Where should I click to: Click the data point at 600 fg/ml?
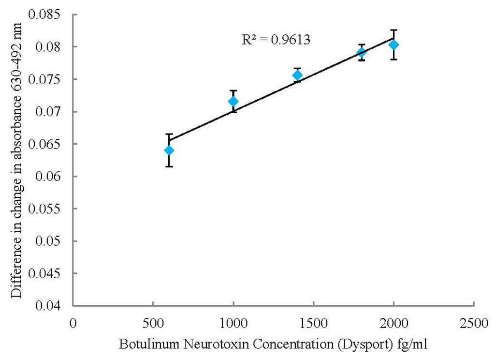pos(169,150)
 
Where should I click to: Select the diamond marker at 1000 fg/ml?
pos(233,101)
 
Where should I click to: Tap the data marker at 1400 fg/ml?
pos(297,75)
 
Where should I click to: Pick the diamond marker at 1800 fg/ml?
pos(361,52)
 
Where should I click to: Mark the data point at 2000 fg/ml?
pos(393,45)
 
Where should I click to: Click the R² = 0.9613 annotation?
pos(276,40)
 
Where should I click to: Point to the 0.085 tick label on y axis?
pos(47,15)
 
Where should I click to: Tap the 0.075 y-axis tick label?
pos(47,79)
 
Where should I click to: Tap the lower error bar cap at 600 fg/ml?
pos(169,166)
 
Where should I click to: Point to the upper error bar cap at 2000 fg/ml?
pos(393,30)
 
